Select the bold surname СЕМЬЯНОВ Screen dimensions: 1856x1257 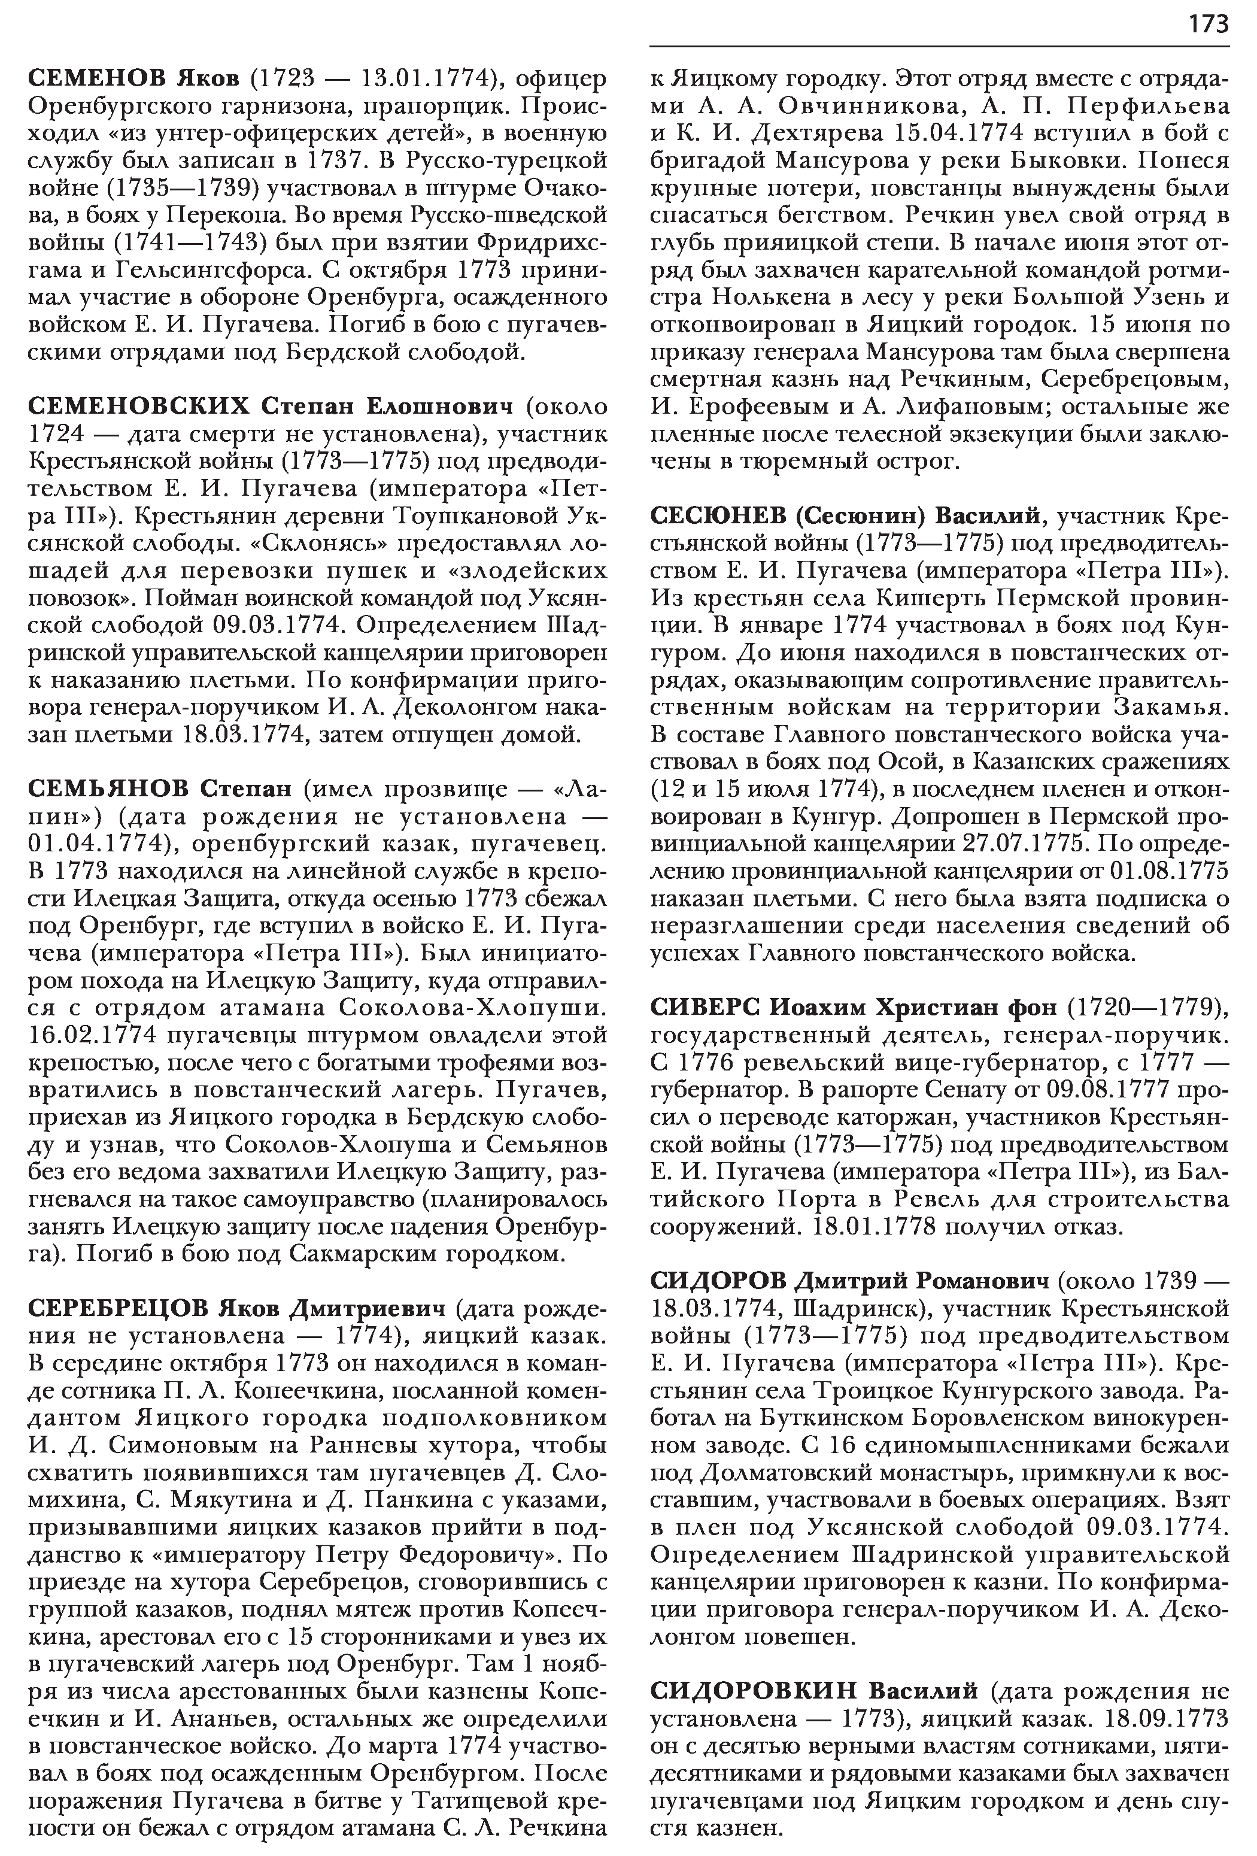[108, 789]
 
